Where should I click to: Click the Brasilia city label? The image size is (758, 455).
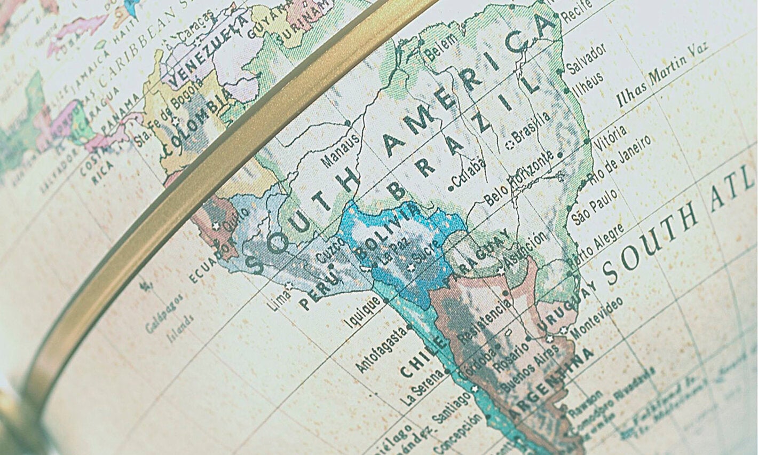(x=532, y=129)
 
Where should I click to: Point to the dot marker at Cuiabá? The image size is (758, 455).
(x=451, y=188)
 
